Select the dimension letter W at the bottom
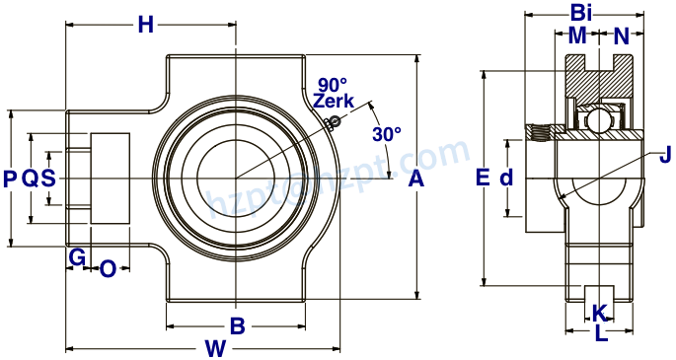[215, 347]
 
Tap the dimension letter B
[237, 325]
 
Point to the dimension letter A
[415, 179]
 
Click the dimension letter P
[10, 179]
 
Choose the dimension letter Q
[30, 179]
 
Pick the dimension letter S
[47, 179]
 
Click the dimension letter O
[109, 267]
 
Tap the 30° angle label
[387, 133]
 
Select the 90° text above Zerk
[333, 84]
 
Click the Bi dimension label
[582, 13]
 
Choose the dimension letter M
[577, 36]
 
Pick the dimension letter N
[621, 36]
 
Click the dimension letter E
[483, 178]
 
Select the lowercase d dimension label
[506, 178]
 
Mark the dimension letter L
[601, 333]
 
